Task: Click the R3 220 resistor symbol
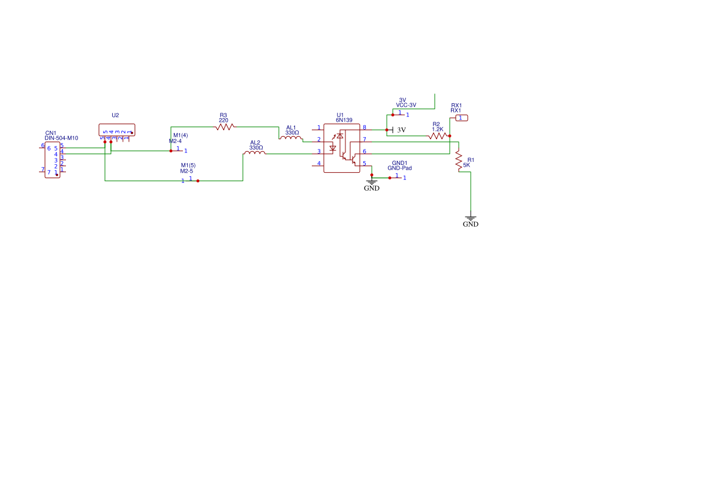[x=224, y=127]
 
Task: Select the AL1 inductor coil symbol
[x=291, y=139]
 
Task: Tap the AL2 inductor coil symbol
[x=255, y=154]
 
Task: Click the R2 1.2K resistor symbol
[x=438, y=136]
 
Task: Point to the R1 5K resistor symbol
[x=459, y=160]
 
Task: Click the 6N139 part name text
[x=344, y=121]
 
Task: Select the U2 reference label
[x=115, y=115]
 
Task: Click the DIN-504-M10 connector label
[x=61, y=139]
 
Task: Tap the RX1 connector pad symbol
[x=461, y=118]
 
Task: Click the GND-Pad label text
[x=399, y=169]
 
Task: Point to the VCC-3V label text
[x=406, y=105]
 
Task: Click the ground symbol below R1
[x=471, y=220]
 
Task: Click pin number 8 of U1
[x=364, y=127]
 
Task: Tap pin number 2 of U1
[x=319, y=139]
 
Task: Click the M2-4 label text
[x=175, y=142]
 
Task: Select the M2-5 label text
[x=186, y=171]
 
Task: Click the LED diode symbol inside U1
[x=333, y=148]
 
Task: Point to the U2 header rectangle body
[x=117, y=130]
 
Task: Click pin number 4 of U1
[x=319, y=163]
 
